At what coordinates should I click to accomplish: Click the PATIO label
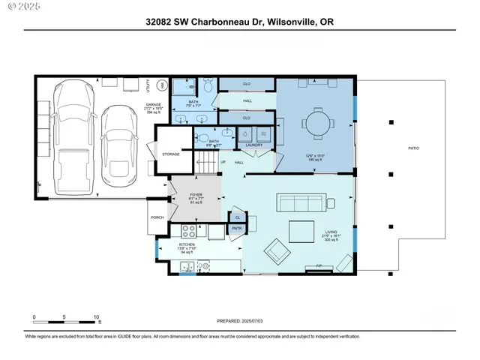pyautogui.click(x=413, y=148)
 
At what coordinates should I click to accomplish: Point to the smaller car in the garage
pyautogui.click(x=116, y=146)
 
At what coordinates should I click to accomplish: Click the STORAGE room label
pyautogui.click(x=171, y=154)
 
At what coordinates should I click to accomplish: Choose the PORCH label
pyautogui.click(x=157, y=217)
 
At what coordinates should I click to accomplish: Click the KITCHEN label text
pyautogui.click(x=187, y=244)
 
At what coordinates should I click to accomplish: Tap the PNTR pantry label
pyautogui.click(x=236, y=229)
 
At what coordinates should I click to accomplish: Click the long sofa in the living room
pyautogui.click(x=299, y=202)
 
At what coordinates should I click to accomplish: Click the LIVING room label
pyautogui.click(x=331, y=232)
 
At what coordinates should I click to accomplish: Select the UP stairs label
pyautogui.click(x=223, y=162)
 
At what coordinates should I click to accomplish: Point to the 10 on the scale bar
pyautogui.click(x=96, y=316)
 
